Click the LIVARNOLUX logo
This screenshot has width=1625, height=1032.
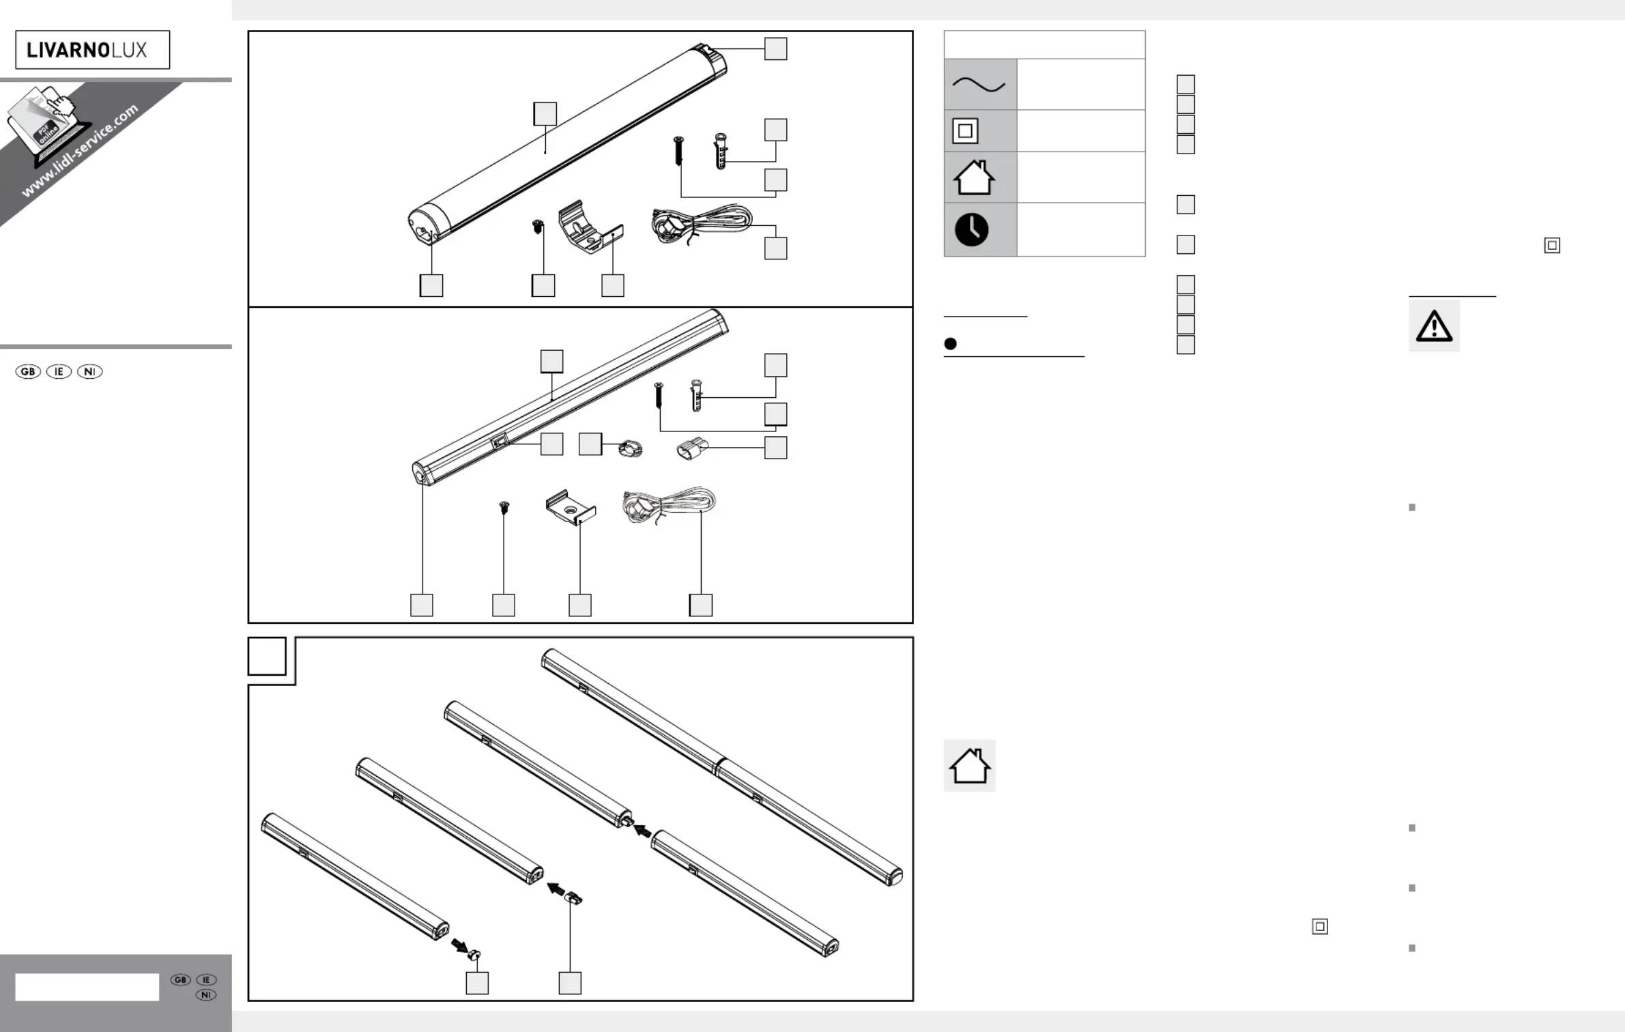point(92,50)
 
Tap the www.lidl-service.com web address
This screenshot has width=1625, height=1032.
point(80,150)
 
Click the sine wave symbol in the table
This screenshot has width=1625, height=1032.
point(979,85)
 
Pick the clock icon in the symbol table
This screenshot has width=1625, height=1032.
point(972,229)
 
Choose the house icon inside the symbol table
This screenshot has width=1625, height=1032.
point(974,177)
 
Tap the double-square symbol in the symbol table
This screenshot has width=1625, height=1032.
point(965,131)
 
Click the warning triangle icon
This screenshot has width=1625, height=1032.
point(1434,326)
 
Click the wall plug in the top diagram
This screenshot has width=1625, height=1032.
point(721,150)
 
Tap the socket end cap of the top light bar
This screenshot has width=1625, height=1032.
point(429,229)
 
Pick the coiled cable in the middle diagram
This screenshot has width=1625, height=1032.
point(668,504)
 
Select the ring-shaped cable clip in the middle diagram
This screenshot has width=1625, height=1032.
point(630,449)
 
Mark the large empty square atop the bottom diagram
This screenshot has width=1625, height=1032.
point(267,656)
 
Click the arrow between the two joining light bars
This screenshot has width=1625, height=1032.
point(642,830)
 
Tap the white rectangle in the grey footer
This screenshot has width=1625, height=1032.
point(87,987)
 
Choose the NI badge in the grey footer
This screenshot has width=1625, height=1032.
point(206,995)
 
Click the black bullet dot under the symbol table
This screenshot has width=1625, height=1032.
point(950,344)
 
